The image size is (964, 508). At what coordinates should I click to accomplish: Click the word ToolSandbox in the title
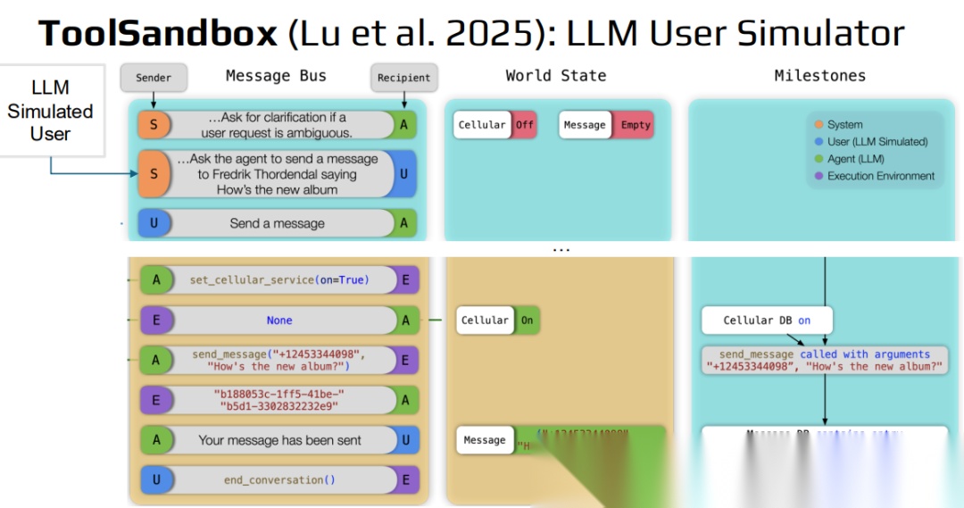(x=158, y=34)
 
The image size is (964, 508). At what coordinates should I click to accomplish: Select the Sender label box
(x=154, y=78)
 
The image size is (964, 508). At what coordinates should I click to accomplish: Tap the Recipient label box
(x=403, y=78)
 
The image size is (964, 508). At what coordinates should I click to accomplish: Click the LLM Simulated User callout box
(x=50, y=111)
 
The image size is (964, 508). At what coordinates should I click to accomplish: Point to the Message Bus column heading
(x=276, y=76)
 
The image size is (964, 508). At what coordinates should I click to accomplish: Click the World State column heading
(x=555, y=76)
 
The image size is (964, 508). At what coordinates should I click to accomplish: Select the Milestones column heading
(x=819, y=76)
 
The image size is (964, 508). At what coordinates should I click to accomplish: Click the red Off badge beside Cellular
(x=524, y=125)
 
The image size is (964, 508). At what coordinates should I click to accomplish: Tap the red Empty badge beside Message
(x=636, y=125)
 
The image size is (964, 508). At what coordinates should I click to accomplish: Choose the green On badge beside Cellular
(x=527, y=321)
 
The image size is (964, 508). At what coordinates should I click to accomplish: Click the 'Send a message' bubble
(x=277, y=223)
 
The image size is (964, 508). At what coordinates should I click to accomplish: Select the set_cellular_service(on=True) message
(x=278, y=280)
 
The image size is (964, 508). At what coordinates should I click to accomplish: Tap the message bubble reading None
(x=279, y=321)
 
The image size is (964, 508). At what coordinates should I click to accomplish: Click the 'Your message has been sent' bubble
(x=279, y=440)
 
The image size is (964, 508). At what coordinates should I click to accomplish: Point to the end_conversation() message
(x=279, y=480)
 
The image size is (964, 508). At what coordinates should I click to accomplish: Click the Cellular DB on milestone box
(x=767, y=321)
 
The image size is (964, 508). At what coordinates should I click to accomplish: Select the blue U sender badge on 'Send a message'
(x=154, y=223)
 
